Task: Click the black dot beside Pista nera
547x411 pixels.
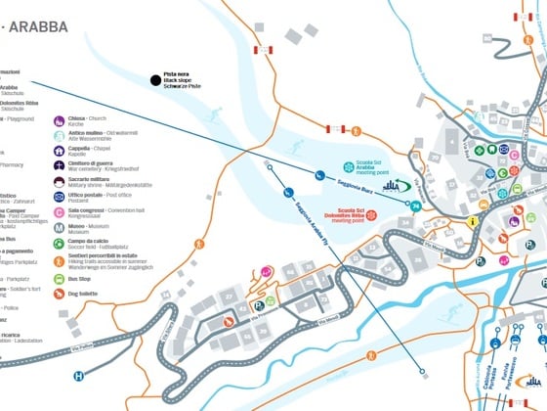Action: pos(154,80)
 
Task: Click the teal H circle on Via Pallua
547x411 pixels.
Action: pos(76,375)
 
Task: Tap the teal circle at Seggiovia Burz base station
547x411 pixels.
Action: pos(416,206)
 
